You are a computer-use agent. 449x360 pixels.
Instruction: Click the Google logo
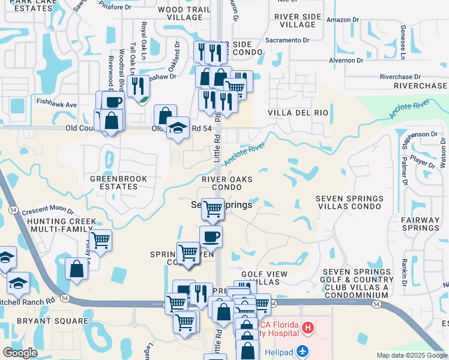(x=20, y=352)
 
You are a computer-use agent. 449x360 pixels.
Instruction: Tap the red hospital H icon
(x=307, y=328)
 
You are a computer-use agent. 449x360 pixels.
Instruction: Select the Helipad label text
(x=278, y=349)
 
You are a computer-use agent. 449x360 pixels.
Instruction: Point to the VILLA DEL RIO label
(x=298, y=113)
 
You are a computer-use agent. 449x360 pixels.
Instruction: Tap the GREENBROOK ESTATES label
(x=114, y=182)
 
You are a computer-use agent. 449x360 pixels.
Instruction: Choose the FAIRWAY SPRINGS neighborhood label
(x=420, y=224)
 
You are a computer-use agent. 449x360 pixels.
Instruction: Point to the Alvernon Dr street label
(x=346, y=61)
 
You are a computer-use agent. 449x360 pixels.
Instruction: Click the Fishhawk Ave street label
(x=56, y=104)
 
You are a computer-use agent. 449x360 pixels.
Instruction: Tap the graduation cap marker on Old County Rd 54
(x=178, y=128)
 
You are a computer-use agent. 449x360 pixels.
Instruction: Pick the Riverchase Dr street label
(x=401, y=77)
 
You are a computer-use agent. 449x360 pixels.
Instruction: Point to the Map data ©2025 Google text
(x=411, y=355)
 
